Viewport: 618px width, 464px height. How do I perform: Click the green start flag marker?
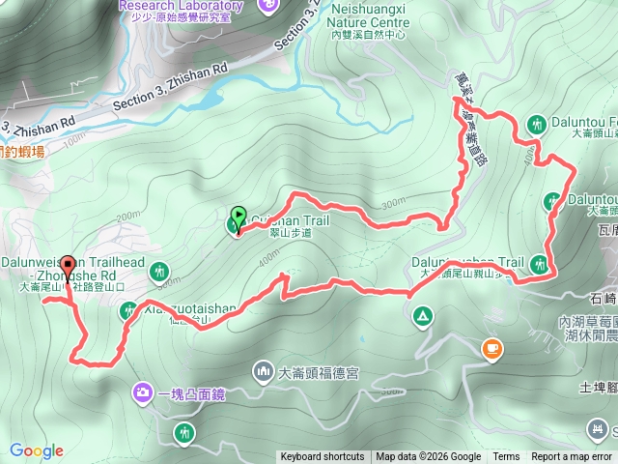[239, 216]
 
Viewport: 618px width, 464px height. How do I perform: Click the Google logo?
[37, 450]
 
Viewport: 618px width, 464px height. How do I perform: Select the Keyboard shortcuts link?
[323, 457]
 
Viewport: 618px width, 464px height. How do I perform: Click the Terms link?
[506, 457]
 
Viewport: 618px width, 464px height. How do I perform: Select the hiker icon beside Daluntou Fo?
[537, 124]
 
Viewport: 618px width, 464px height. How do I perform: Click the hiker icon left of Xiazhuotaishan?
[129, 311]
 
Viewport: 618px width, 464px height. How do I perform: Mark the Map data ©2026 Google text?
[428, 457]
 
